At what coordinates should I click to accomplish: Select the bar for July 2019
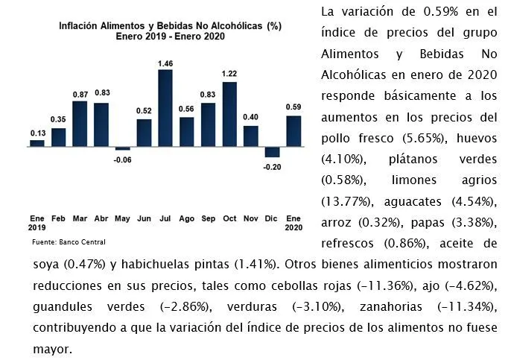click(165, 108)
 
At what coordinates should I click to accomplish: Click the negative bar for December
click(272, 152)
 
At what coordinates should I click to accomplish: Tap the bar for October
click(229, 114)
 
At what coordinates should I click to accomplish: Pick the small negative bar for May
click(122, 148)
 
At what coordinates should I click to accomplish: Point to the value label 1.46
click(165, 63)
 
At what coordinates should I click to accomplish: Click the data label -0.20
click(272, 167)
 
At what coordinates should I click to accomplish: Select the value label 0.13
click(38, 133)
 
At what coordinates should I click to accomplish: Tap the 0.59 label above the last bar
click(293, 107)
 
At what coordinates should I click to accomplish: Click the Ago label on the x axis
click(186, 218)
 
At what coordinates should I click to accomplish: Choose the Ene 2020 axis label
click(293, 223)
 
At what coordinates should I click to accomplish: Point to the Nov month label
click(250, 218)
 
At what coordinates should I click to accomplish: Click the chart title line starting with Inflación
click(170, 26)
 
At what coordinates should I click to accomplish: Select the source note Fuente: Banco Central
click(69, 242)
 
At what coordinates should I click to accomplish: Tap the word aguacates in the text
click(413, 202)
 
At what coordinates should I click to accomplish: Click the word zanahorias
click(391, 307)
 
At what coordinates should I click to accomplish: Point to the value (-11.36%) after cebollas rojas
click(387, 286)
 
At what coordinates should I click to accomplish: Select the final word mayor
click(52, 350)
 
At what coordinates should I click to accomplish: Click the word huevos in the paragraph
click(477, 139)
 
